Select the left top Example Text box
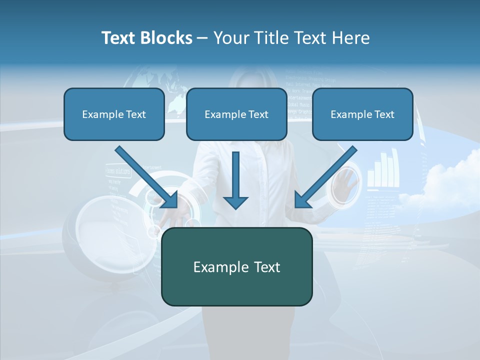click(x=114, y=114)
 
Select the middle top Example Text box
click(x=236, y=114)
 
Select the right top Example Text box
click(x=362, y=114)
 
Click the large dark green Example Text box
click(x=236, y=266)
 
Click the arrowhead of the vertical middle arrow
click(x=235, y=202)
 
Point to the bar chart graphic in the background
click(x=382, y=170)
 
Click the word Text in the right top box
click(x=383, y=114)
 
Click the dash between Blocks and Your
click(x=202, y=38)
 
